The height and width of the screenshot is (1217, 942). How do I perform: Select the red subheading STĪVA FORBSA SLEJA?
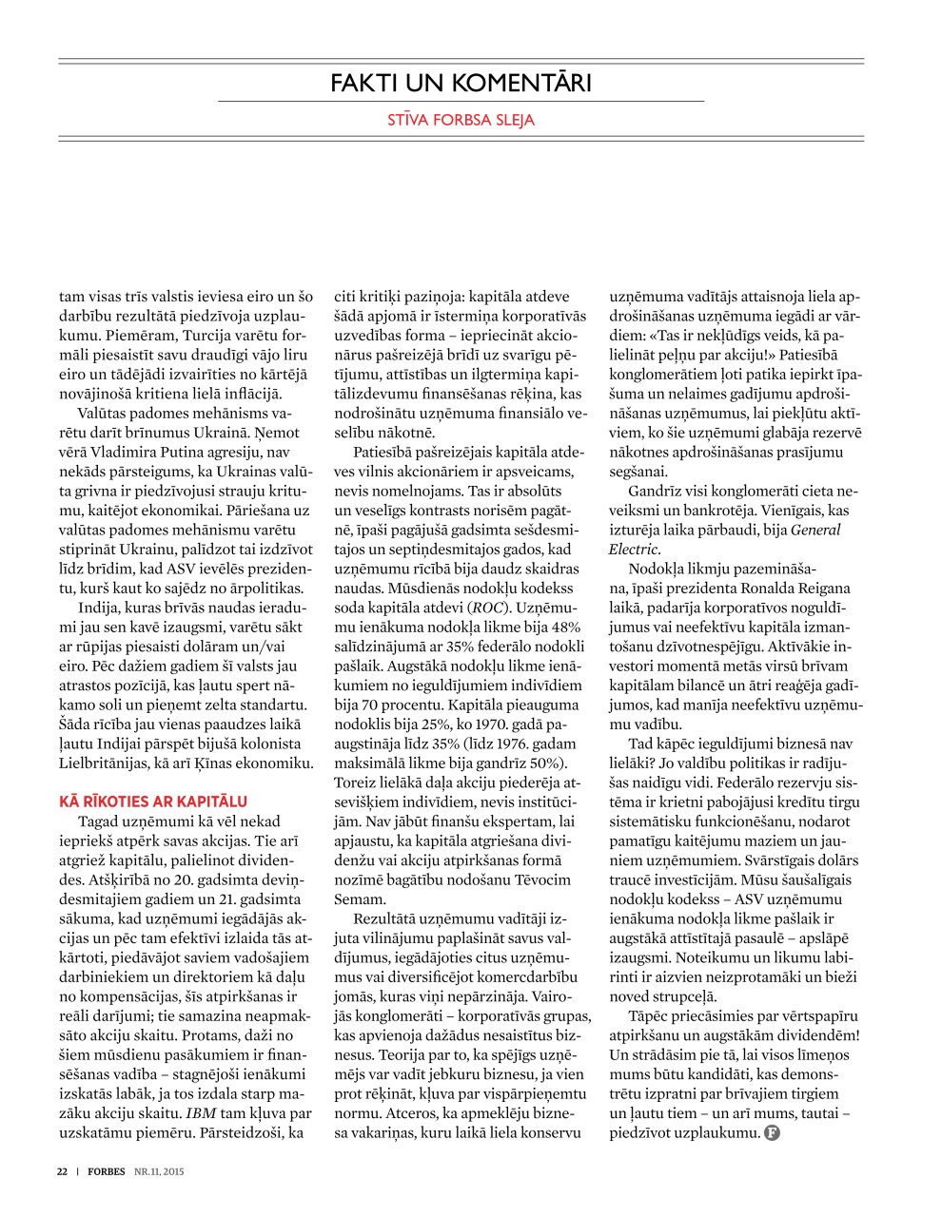461,120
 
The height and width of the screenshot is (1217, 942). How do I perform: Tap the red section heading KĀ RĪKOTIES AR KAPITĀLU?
153,801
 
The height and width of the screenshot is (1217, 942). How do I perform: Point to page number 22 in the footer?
62,1171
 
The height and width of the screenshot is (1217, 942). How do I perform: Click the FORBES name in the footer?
107,1171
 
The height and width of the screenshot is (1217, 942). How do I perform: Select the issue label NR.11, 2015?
159,1171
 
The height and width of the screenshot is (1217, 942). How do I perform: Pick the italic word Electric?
633,550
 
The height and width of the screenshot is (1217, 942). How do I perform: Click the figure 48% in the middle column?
564,628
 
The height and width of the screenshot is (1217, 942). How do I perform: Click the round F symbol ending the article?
772,1133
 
